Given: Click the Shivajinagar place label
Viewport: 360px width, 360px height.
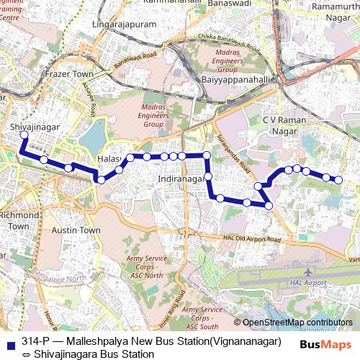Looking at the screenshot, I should (35, 127).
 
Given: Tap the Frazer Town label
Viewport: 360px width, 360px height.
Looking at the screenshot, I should (69, 74).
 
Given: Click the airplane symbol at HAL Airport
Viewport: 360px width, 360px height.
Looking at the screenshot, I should (309, 271).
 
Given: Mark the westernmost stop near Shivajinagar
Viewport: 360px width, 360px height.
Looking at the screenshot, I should (24, 135).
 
